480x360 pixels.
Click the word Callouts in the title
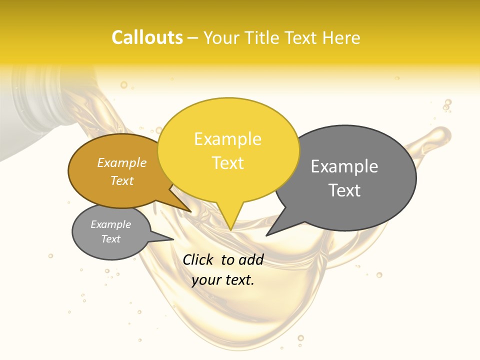[147, 37]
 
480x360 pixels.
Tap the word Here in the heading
[341, 37]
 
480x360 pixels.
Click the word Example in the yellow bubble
[227, 138]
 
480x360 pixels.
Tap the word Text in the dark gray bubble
[344, 190]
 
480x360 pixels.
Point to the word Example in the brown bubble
[121, 162]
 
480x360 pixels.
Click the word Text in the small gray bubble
[110, 239]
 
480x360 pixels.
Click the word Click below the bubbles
[198, 259]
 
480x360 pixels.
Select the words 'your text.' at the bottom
[223, 280]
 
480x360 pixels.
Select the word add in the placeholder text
[251, 259]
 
